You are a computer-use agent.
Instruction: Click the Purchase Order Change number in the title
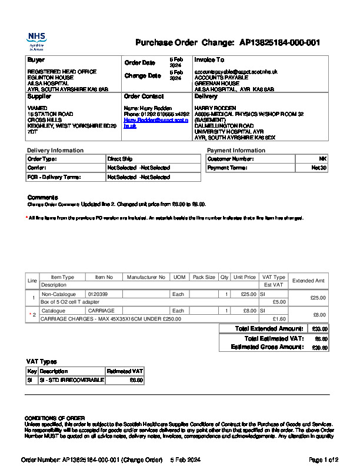coord(279,42)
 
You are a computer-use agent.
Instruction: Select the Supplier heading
coord(39,96)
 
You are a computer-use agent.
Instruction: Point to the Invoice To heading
coord(209,60)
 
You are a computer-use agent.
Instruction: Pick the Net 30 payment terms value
coord(319,168)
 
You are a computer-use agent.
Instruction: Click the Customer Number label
coord(228,159)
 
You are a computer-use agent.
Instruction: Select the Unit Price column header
coord(245,277)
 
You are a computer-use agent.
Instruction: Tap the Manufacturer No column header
coord(146,277)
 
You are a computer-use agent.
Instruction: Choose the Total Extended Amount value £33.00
coord(320,329)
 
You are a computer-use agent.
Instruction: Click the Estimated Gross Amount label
coord(267,347)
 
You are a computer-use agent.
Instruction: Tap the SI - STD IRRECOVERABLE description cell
coord(71,380)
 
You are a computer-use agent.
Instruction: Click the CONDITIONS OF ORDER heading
coord(54,418)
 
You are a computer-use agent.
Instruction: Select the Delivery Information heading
coord(55,151)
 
